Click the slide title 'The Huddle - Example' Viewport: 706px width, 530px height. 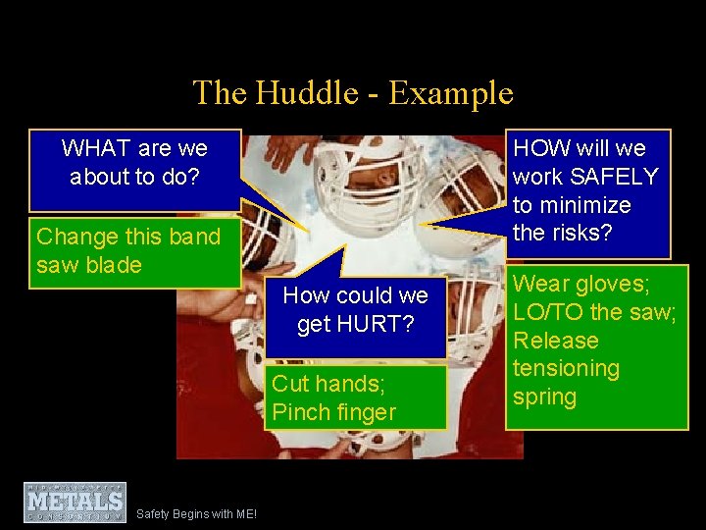click(x=353, y=93)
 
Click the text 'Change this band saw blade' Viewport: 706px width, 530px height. click(x=127, y=251)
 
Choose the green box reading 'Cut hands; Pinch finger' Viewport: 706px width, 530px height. click(x=355, y=397)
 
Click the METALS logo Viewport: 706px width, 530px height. click(x=76, y=502)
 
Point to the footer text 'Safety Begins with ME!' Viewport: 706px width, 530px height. click(x=196, y=513)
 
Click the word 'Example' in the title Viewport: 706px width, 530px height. click(x=450, y=93)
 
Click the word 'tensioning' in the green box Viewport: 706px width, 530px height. click(x=567, y=369)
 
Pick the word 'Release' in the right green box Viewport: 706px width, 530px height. click(x=556, y=341)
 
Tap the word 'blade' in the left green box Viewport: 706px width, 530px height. click(x=115, y=265)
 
